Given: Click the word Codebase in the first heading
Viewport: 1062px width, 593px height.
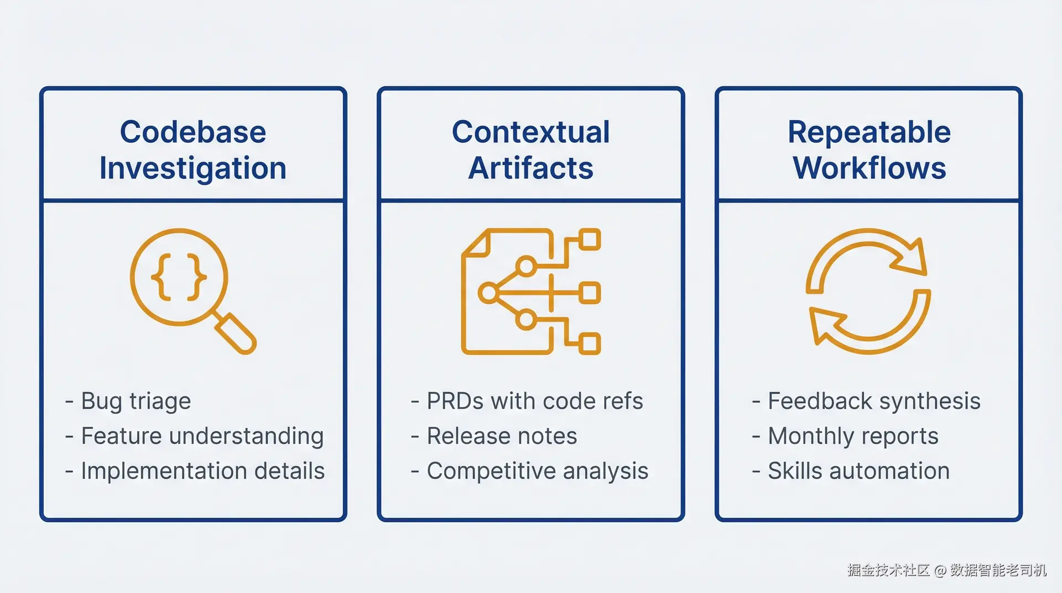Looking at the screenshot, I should (193, 132).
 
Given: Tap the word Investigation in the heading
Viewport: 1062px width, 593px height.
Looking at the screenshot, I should (193, 168).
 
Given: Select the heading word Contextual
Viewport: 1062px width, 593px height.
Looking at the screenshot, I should (530, 132).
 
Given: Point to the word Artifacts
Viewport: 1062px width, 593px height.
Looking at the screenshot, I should (530, 168).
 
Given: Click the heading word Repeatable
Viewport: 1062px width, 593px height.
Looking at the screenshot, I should (869, 132).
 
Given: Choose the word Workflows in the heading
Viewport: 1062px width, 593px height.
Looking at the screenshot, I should (869, 168).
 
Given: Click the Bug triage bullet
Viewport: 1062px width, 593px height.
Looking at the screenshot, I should (136, 401).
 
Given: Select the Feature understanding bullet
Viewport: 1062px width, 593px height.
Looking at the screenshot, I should (202, 436).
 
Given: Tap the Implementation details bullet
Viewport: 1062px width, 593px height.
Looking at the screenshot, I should (202, 471).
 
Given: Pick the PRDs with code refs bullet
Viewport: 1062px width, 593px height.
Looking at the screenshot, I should (535, 401).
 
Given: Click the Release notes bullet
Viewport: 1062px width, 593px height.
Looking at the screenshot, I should (502, 436).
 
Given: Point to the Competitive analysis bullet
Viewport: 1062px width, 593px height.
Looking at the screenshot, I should (537, 471).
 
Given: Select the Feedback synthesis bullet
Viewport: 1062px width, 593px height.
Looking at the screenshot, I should (874, 401).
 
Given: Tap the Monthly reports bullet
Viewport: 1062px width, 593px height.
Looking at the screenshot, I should (853, 436).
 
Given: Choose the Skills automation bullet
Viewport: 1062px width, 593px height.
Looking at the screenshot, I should (858, 471).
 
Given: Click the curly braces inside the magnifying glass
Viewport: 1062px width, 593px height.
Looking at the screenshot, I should (179, 277).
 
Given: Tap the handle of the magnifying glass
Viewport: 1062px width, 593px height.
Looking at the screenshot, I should (236, 333).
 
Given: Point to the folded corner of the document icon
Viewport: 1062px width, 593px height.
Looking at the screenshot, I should (477, 245).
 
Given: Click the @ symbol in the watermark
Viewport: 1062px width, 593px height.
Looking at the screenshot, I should (940, 571).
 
